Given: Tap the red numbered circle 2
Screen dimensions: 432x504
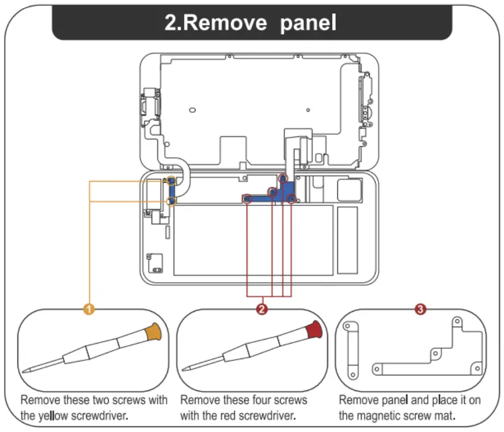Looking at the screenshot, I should click(x=262, y=310).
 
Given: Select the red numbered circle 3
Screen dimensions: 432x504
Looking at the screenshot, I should click(x=421, y=310).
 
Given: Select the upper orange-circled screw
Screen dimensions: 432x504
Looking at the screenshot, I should click(x=171, y=182).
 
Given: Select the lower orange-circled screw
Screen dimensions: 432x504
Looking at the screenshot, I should click(x=171, y=201).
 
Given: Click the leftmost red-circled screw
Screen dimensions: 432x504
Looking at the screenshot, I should click(x=247, y=199).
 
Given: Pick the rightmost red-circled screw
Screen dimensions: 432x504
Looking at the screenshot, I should click(x=292, y=200).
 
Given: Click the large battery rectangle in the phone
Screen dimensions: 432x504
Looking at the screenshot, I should click(x=253, y=239).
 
